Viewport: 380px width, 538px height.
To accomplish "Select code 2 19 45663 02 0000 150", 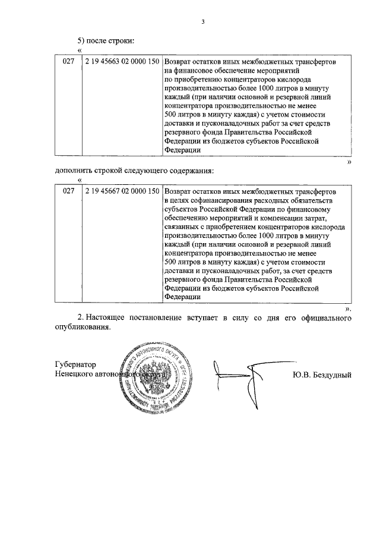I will [122, 62].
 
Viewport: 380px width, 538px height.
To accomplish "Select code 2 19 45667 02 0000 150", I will [122, 192].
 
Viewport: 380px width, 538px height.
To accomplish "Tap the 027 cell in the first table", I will [69, 62].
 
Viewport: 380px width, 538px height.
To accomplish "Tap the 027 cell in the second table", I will [69, 192].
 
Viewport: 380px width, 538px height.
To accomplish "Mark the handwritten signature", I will [240, 376].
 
